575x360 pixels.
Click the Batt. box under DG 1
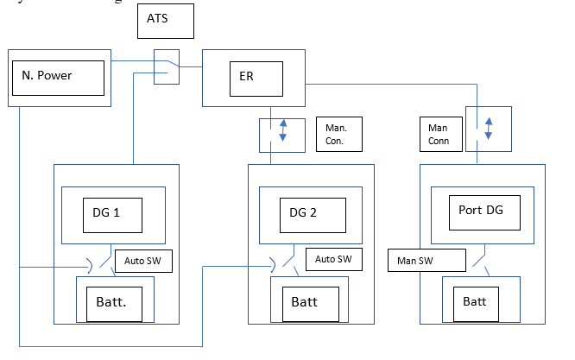click(x=116, y=303)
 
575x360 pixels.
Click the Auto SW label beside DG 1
click(x=142, y=258)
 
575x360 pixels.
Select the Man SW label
click(x=427, y=259)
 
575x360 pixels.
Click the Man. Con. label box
click(x=337, y=134)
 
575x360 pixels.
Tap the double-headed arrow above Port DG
click(x=489, y=128)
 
